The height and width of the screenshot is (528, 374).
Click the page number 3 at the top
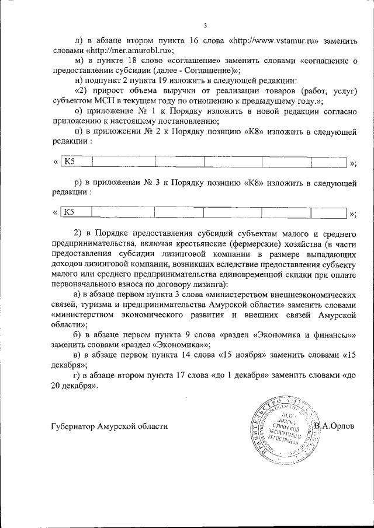pyautogui.click(x=206, y=25)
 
